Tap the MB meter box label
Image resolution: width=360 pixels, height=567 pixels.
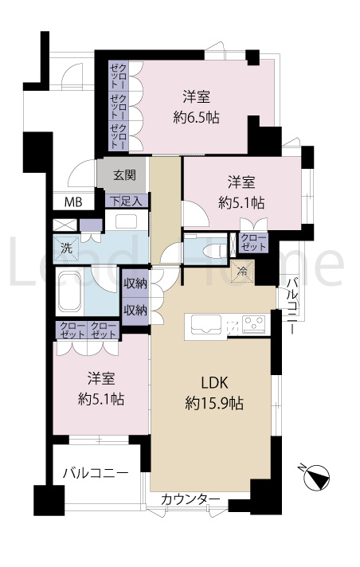(x=72, y=201)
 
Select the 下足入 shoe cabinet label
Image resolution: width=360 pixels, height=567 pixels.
(x=125, y=201)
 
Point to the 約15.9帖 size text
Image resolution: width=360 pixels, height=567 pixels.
(x=209, y=403)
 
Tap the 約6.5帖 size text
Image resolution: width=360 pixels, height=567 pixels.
(x=196, y=117)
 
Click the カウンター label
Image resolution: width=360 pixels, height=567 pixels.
(x=190, y=499)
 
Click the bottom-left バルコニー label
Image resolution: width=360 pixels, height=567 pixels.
(x=96, y=472)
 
